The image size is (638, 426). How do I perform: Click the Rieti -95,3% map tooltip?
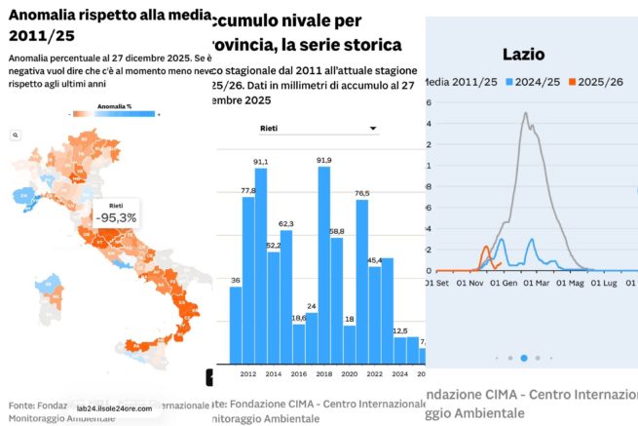116,213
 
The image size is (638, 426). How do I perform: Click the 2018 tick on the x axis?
323,373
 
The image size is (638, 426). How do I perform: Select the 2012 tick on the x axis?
248,373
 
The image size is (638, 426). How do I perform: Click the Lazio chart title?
523,55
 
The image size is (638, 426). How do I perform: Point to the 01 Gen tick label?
503,283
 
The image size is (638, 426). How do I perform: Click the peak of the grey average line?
526,113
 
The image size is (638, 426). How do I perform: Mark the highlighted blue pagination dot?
524,358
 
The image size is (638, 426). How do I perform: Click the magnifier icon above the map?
17,136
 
